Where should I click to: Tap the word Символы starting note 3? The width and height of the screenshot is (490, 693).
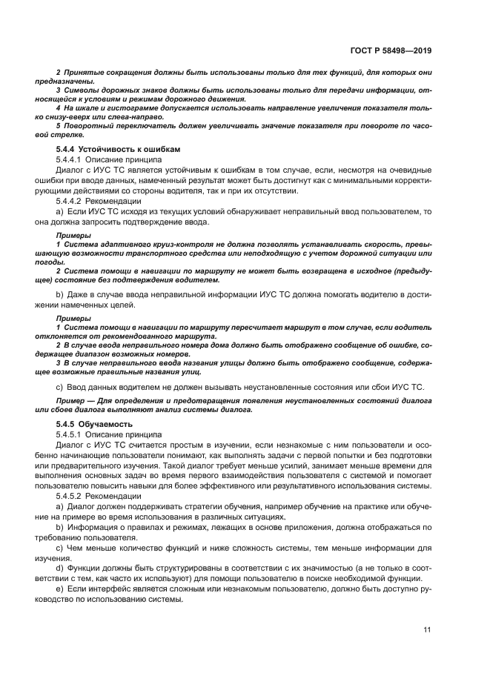click(81, 90)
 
